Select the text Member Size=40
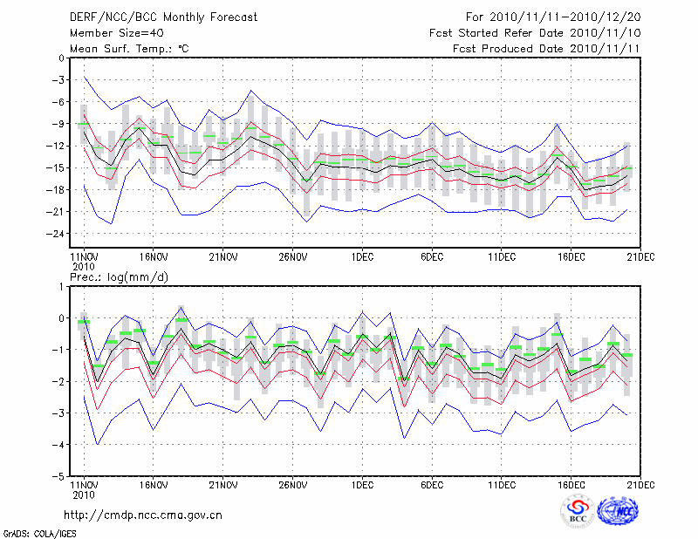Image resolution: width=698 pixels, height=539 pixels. [113, 33]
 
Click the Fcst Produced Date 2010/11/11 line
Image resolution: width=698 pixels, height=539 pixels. [541, 49]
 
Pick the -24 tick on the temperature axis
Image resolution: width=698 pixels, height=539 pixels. [54, 234]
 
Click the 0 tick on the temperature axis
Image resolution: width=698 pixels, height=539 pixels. [61, 58]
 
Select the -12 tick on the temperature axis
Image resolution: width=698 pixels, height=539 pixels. [54, 146]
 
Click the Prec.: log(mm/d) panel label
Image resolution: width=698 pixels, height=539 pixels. [118, 277]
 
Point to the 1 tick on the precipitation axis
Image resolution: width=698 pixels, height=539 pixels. [61, 286]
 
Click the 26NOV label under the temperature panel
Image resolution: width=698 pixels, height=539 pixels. [292, 257]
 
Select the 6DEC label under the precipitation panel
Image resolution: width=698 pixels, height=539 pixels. [432, 486]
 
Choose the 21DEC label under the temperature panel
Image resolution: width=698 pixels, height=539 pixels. [641, 257]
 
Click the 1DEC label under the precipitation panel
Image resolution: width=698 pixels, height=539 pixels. [362, 486]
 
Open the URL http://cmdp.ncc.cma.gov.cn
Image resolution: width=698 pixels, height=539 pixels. [144, 515]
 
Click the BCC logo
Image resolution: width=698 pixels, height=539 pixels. [578, 512]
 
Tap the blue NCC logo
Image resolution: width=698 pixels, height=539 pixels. [617, 512]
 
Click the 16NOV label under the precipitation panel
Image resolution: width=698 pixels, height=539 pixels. [153, 486]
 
